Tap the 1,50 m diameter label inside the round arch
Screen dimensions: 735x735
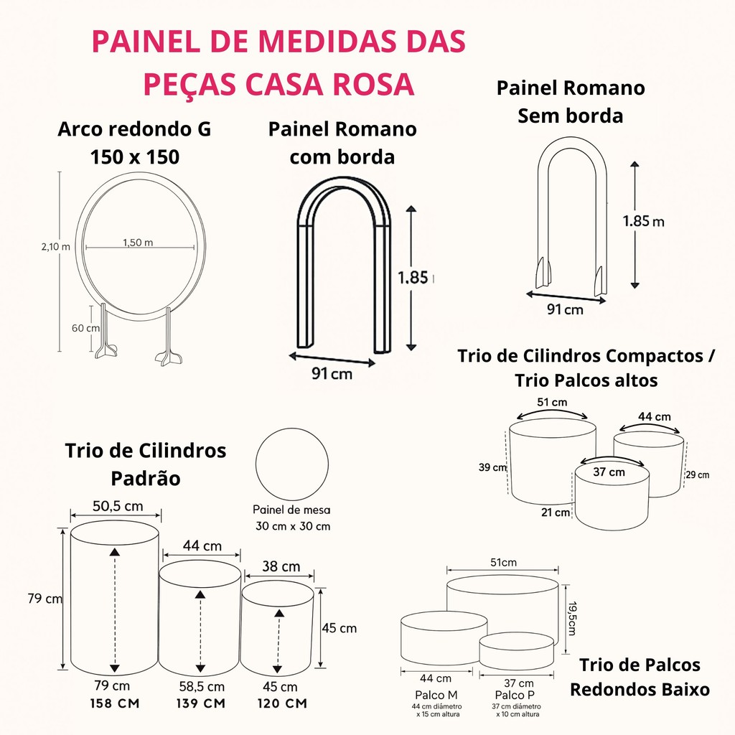point(138,243)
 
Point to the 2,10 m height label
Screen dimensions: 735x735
point(56,247)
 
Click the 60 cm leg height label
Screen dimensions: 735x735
point(86,328)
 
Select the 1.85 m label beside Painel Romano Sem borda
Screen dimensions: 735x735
point(643,221)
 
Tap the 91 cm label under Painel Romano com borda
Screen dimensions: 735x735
point(332,373)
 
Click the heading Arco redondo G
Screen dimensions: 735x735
point(134,129)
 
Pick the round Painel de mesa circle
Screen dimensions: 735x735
point(292,464)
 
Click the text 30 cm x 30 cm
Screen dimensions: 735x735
point(293,526)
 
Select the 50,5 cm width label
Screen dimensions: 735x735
point(118,506)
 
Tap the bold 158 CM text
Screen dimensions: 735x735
point(115,703)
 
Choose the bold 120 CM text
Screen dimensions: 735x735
point(282,703)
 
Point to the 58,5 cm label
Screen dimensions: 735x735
point(202,687)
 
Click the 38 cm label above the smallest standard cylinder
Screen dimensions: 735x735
point(281,566)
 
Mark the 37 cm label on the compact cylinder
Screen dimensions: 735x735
point(609,472)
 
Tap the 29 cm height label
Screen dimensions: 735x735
point(698,475)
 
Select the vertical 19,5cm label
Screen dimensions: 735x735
point(572,619)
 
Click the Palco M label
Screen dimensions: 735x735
point(436,695)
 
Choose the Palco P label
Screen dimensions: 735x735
point(515,695)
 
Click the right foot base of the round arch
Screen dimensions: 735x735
point(167,357)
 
